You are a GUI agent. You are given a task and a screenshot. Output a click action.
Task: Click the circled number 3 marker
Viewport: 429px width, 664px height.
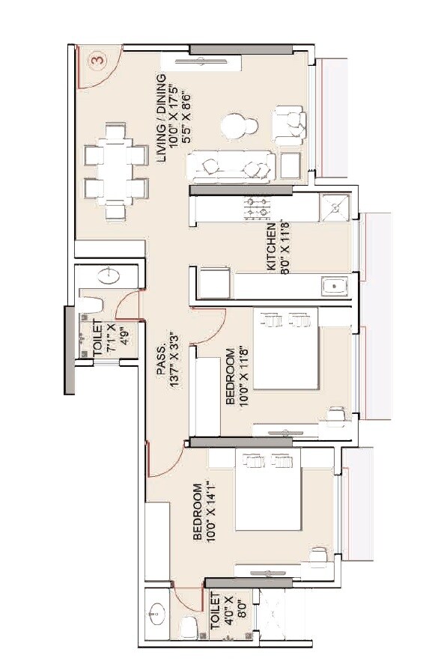96,58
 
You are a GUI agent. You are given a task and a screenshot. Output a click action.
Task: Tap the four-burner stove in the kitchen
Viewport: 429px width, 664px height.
258,209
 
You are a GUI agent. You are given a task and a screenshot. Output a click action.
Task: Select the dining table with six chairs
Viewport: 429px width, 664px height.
115,171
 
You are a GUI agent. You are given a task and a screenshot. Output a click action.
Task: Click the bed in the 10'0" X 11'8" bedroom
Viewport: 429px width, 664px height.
287,348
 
